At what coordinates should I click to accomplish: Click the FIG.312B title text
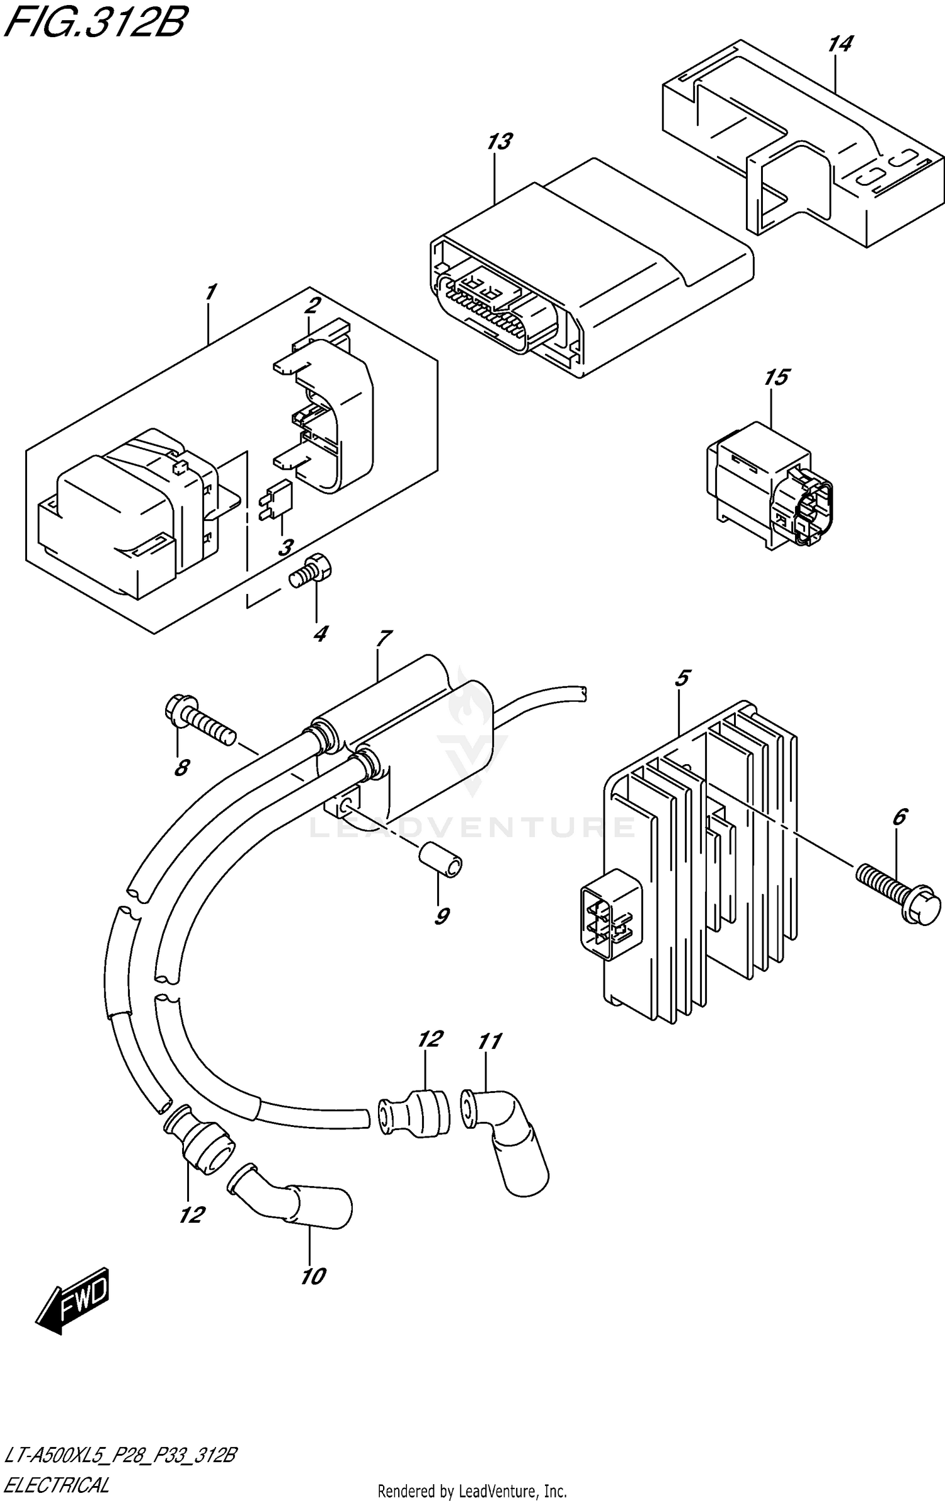[94, 23]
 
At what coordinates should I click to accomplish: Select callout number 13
[499, 142]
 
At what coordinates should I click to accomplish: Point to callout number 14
[839, 44]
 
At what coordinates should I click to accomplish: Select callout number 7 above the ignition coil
[382, 637]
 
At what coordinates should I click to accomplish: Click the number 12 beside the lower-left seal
[192, 1214]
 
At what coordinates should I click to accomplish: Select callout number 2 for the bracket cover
[312, 306]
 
